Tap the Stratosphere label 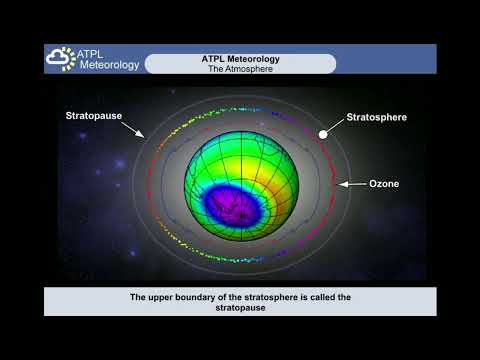click(x=376, y=117)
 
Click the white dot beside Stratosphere click(x=323, y=134)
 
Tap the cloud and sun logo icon click(x=61, y=59)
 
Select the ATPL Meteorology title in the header click(x=240, y=59)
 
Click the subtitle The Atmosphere click(x=240, y=69)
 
